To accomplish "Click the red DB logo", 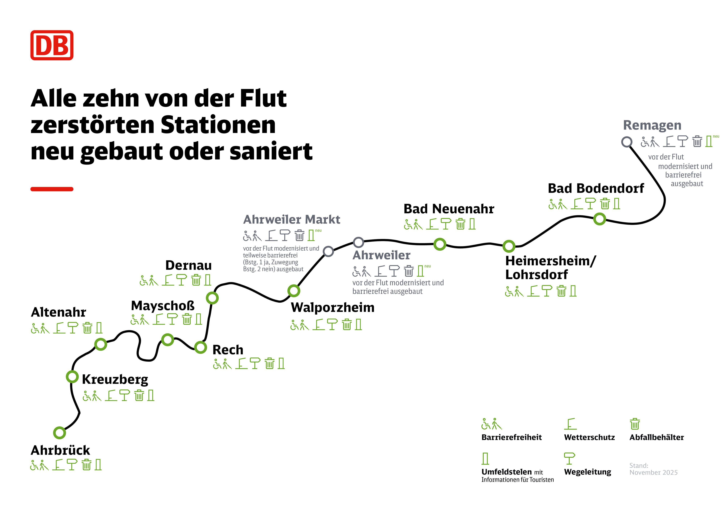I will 52,45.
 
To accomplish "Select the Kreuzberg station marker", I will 72,377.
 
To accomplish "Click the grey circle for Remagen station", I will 627,142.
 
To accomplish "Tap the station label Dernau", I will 188,265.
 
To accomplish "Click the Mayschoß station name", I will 163,306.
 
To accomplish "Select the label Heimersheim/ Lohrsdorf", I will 550,268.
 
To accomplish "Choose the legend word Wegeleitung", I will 587,472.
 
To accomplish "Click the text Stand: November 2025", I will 653,469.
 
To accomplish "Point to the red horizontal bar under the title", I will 52,189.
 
